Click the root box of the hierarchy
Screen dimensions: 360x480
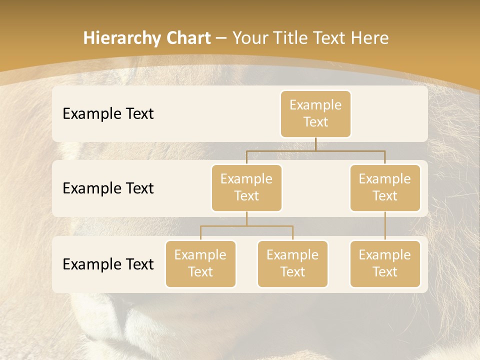pyautogui.click(x=315, y=113)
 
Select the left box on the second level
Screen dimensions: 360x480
pyautogui.click(x=246, y=187)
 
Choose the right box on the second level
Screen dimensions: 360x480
pyautogui.click(x=385, y=187)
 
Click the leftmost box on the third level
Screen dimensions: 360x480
pyautogui.click(x=200, y=263)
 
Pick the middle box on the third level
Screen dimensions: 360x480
pyautogui.click(x=292, y=263)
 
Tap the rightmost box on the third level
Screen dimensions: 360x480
pyautogui.click(x=385, y=263)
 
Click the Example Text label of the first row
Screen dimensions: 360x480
pyautogui.click(x=108, y=113)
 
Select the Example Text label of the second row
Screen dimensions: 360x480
pyautogui.click(x=108, y=188)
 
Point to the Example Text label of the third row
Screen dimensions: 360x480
pyautogui.click(x=108, y=264)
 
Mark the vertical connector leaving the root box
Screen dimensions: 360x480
pyautogui.click(x=315, y=144)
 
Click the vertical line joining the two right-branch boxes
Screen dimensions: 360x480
pyautogui.click(x=385, y=226)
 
